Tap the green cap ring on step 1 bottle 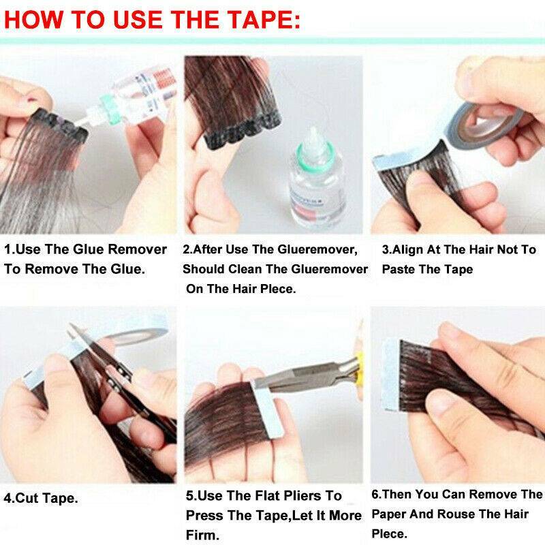click(x=105, y=104)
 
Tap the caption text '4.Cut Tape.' click(x=41, y=498)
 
